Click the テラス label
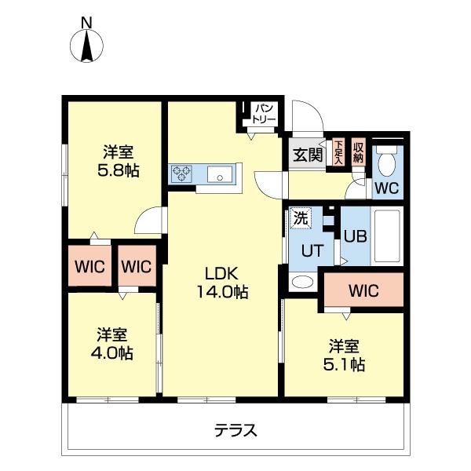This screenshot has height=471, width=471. click(235, 430)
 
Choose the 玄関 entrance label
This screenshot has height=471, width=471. click(309, 155)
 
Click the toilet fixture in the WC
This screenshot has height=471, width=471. click(386, 162)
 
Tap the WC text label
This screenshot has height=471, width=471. click(385, 188)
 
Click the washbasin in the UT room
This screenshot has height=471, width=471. click(301, 281)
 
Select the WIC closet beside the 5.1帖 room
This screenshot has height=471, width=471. click(363, 291)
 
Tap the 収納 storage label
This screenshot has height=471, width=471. click(359, 151)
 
